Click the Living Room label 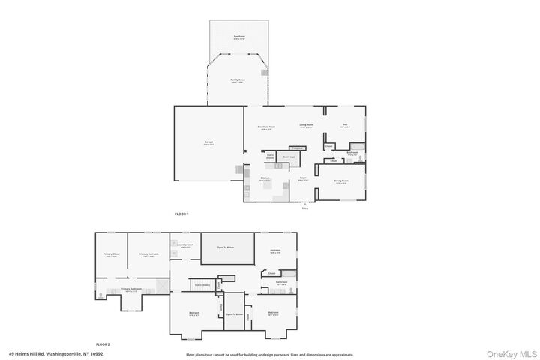(x=306, y=125)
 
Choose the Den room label (x=345, y=126)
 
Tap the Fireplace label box (x=296, y=148)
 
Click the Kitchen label (x=265, y=178)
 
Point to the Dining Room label (x=340, y=181)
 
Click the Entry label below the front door (x=305, y=208)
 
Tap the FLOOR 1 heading (x=181, y=214)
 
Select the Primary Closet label (x=111, y=255)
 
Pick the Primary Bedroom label (x=148, y=255)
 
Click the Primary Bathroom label (x=130, y=289)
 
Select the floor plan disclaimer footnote (x=270, y=354)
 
